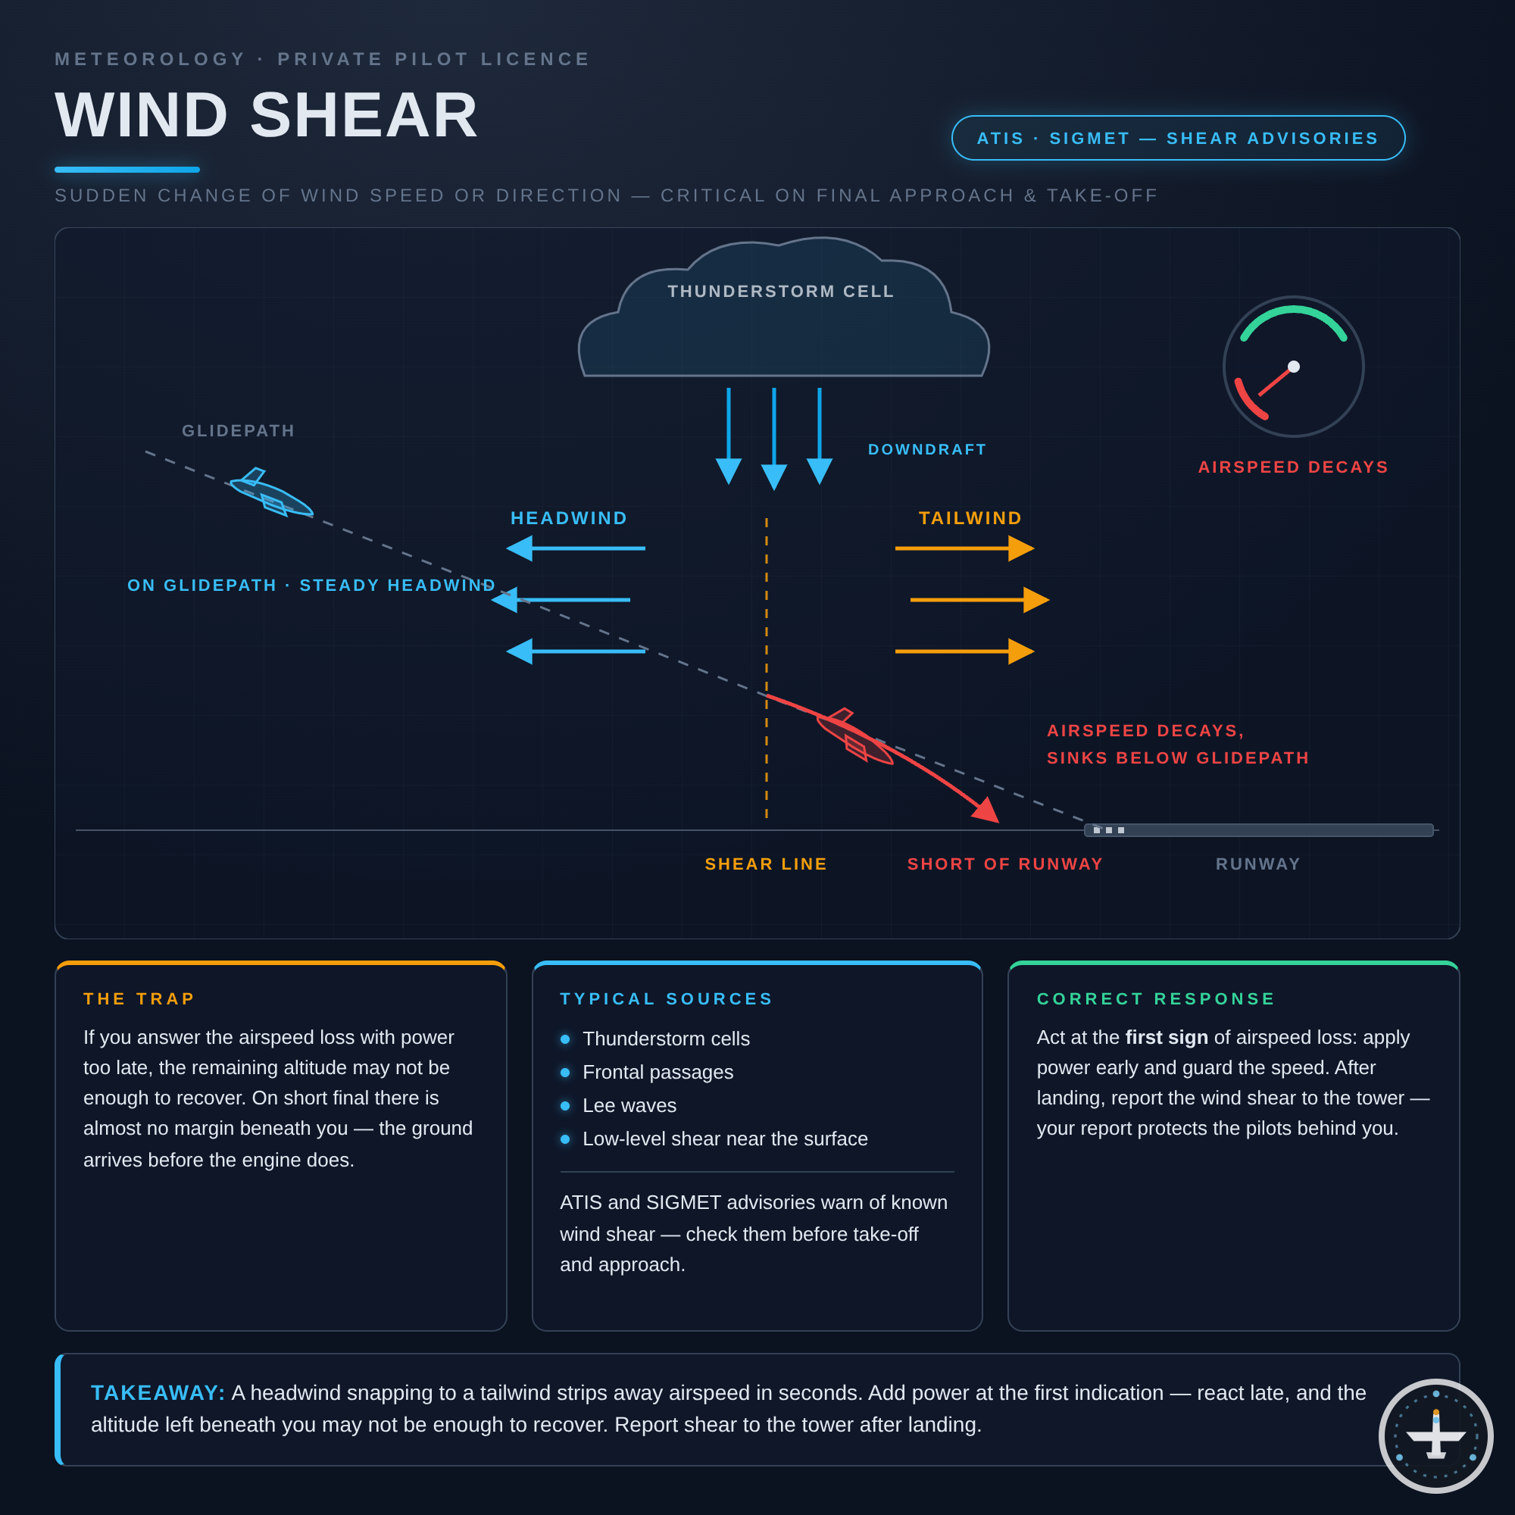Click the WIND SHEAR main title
267,115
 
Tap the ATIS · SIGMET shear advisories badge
1178,138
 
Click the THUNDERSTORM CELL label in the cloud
781,292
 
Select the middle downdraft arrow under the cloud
774,439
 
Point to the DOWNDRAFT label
927,449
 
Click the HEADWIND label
570,518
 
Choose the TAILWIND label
971,518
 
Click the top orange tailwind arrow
964,548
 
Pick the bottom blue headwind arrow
576,651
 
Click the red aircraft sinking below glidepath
854,737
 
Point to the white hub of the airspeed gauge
1294,366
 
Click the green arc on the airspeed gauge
1294,310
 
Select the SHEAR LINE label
766,864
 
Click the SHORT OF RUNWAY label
1005,864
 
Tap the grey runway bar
1258,830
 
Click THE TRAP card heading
139,999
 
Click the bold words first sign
1166,1038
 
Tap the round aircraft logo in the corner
1435,1435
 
